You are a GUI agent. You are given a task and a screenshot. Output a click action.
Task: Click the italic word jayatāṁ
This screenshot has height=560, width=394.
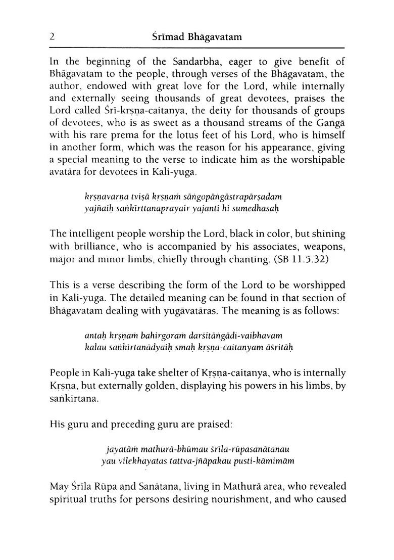[x=119, y=449]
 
